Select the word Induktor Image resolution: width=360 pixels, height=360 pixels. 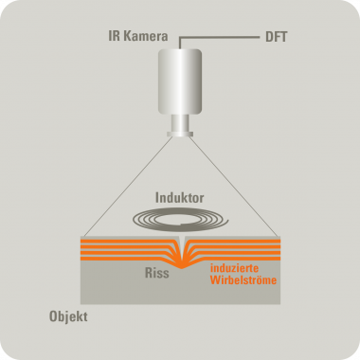[x=180, y=199]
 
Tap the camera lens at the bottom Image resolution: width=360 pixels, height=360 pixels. [x=180, y=134]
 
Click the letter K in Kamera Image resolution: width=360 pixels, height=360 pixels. [x=122, y=38]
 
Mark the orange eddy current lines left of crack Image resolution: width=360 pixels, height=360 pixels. [x=123, y=248]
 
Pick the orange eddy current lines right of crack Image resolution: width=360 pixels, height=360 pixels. [x=237, y=248]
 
